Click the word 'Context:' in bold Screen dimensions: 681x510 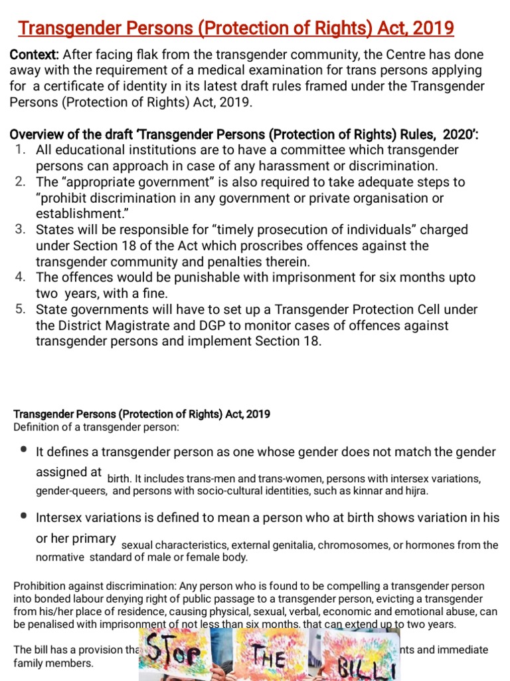pyautogui.click(x=34, y=55)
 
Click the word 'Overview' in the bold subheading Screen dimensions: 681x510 pyautogui.click(x=35, y=134)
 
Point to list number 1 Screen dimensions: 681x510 pyautogui.click(x=20, y=150)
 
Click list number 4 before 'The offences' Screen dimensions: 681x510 pyautogui.click(x=20, y=277)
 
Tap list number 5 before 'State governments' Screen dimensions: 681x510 pyautogui.click(x=20, y=309)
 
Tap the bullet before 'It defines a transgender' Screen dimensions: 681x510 pyautogui.click(x=24, y=450)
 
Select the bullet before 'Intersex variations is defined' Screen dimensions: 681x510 pyautogui.click(x=24, y=515)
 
